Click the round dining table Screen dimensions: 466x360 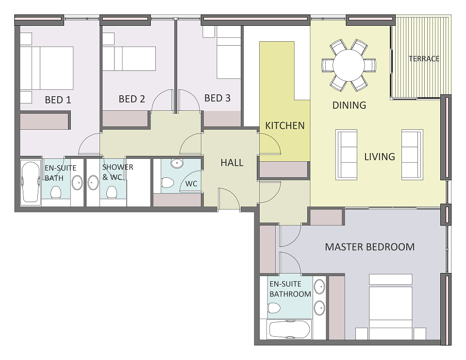pyautogui.click(x=349, y=65)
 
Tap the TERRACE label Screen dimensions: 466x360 pyautogui.click(x=424, y=59)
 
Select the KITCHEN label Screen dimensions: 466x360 pyautogui.click(x=285, y=125)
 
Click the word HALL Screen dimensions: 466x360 pyautogui.click(x=232, y=162)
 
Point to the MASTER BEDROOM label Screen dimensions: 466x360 pyautogui.click(x=370, y=247)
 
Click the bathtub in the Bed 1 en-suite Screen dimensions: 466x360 pyautogui.click(x=31, y=182)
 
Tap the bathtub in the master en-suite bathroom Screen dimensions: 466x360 pyautogui.click(x=289, y=329)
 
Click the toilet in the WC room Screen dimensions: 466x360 pyautogui.click(x=167, y=183)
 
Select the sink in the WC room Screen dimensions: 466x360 pyautogui.click(x=177, y=163)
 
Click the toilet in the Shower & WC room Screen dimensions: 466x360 pyautogui.click(x=112, y=192)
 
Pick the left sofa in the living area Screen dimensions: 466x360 pyautogui.click(x=346, y=154)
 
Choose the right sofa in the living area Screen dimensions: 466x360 pyautogui.click(x=412, y=154)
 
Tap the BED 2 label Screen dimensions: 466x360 pyautogui.click(x=132, y=99)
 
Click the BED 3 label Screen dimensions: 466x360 pyautogui.click(x=217, y=98)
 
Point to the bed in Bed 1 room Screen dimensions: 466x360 pyautogui.click(x=47, y=68)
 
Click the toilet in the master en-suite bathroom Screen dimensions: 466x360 pyautogui.click(x=274, y=308)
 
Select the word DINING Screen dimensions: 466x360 pyautogui.click(x=349, y=105)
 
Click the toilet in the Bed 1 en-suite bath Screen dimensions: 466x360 pyautogui.click(x=56, y=192)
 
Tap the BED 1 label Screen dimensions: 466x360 pyautogui.click(x=58, y=100)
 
